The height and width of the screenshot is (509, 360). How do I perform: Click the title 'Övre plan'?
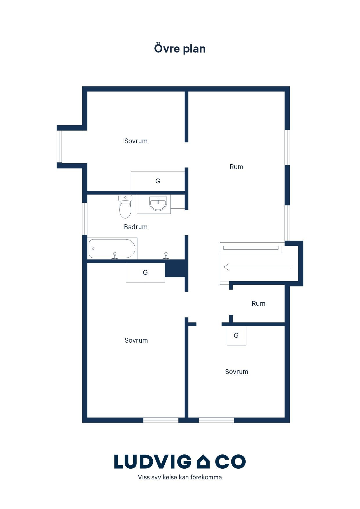pyautogui.click(x=180, y=48)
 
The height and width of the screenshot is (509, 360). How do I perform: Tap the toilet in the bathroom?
pyautogui.click(x=125, y=206)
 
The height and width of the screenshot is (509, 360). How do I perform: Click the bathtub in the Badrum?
pyautogui.click(x=112, y=248)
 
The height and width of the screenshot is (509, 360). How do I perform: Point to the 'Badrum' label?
pyautogui.click(x=136, y=227)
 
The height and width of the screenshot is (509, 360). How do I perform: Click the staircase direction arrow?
pyautogui.click(x=258, y=267)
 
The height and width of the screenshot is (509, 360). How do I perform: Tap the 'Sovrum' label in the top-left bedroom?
pyautogui.click(x=136, y=141)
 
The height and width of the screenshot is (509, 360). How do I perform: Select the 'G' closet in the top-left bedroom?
pyautogui.click(x=158, y=181)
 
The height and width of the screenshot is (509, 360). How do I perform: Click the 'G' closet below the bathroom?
pyautogui.click(x=145, y=272)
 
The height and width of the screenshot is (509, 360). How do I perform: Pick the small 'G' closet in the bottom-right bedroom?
pyautogui.click(x=236, y=335)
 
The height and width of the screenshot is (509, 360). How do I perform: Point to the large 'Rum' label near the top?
pyautogui.click(x=236, y=167)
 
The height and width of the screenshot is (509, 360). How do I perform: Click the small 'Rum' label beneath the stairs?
pyautogui.click(x=258, y=304)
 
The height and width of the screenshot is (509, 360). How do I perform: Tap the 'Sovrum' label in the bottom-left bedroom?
pyautogui.click(x=136, y=340)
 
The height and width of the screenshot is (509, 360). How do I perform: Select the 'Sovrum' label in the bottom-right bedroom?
pyautogui.click(x=237, y=372)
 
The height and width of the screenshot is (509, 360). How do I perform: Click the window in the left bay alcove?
pyautogui.click(x=59, y=147)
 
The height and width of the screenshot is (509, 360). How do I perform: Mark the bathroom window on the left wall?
pyautogui.click(x=85, y=219)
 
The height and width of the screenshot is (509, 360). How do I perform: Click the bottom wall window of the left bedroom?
pyautogui.click(x=161, y=420)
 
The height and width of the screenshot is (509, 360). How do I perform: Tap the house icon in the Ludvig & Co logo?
pyautogui.click(x=203, y=461)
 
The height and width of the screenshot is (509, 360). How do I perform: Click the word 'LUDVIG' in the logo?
pyautogui.click(x=153, y=461)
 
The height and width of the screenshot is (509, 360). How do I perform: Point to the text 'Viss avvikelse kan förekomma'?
pyautogui.click(x=180, y=477)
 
